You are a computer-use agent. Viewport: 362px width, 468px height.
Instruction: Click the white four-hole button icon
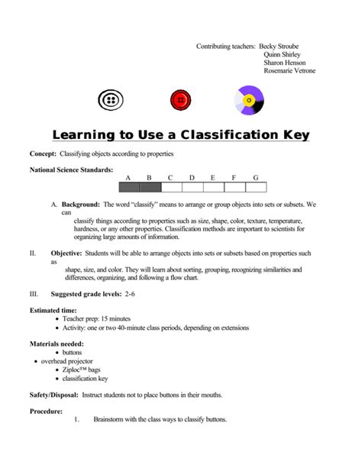tap(112, 100)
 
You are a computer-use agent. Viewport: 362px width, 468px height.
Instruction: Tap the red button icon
tap(180, 100)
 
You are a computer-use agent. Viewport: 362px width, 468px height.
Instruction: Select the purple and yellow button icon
tap(249, 100)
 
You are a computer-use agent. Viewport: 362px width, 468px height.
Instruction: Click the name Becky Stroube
tap(280, 46)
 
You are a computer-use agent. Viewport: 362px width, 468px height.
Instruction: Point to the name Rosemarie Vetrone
tap(289, 71)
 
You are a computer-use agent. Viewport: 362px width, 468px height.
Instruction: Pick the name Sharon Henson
tap(284, 63)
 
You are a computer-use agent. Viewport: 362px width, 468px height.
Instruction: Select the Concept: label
tap(45, 154)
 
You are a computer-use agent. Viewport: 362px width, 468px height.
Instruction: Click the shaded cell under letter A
tap(128, 187)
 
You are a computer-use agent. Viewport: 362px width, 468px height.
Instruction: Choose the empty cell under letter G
tap(256, 187)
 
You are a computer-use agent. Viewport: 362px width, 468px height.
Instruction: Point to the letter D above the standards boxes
tap(192, 178)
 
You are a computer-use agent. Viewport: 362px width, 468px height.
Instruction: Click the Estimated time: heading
tap(53, 310)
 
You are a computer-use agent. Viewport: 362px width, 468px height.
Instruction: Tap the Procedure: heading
tap(46, 412)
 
